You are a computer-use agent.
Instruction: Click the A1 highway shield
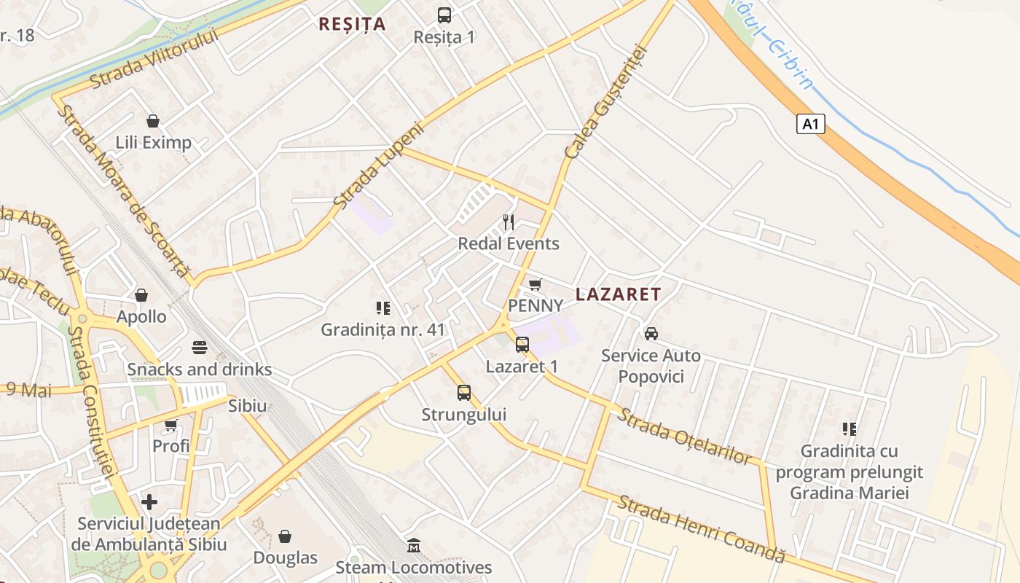[810, 124]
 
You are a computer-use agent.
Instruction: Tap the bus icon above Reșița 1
[444, 15]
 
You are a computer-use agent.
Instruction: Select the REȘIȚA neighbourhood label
[352, 24]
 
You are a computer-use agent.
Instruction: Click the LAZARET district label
[618, 294]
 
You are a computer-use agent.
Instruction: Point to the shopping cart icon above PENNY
[535, 284]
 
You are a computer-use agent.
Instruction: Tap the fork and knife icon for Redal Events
[509, 222]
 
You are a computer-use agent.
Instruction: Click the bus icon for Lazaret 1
[522, 345]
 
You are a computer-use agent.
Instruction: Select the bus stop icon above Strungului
[464, 393]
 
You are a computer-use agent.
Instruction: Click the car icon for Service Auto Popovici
[651, 334]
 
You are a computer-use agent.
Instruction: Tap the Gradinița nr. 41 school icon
[383, 308]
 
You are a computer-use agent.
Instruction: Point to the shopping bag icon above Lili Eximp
[153, 120]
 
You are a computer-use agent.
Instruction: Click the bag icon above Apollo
[141, 295]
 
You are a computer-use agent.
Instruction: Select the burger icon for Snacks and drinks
[200, 348]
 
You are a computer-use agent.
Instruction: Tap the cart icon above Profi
[171, 424]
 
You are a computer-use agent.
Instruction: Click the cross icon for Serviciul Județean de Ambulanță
[149, 501]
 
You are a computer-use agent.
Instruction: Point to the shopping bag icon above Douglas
[285, 536]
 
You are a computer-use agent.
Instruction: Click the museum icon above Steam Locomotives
[414, 545]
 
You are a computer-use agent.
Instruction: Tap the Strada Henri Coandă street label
[702, 528]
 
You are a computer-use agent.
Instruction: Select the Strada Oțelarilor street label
[684, 436]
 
